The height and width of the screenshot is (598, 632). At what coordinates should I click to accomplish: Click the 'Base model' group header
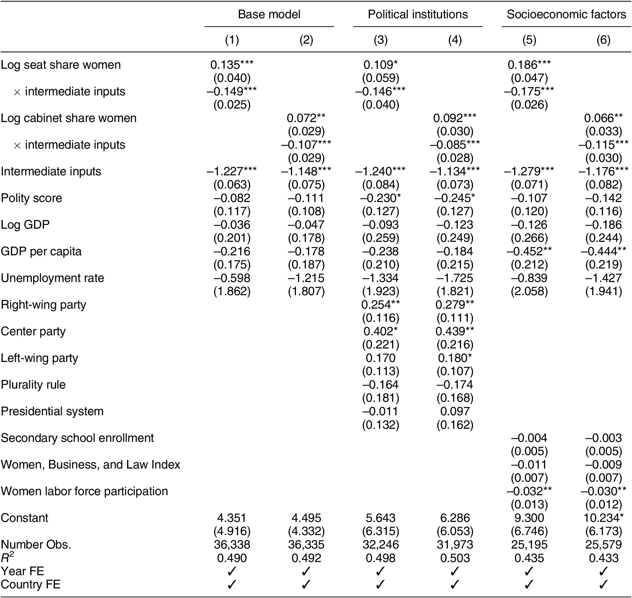tap(269, 14)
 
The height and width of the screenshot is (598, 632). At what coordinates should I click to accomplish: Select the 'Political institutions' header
tap(417, 14)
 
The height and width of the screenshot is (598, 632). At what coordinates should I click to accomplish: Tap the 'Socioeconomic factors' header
tap(566, 14)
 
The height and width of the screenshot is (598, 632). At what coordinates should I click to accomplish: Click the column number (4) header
tap(455, 40)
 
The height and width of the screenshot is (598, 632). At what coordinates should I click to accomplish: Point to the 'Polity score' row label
tap(31, 198)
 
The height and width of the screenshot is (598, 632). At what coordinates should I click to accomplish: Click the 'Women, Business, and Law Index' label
tap(91, 465)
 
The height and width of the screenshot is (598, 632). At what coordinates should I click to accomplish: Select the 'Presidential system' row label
tap(52, 411)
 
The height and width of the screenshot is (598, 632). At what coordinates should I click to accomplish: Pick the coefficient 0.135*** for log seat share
tap(232, 65)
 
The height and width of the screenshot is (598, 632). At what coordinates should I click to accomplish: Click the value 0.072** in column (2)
tap(306, 119)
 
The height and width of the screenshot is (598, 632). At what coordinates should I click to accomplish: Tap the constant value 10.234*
tap(603, 518)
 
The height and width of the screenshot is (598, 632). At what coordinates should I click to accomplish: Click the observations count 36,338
tap(232, 545)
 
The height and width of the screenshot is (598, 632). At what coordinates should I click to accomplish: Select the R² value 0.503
tap(455, 558)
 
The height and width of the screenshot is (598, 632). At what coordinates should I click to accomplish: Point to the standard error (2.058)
tap(529, 291)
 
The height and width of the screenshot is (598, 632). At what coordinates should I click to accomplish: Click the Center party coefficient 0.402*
tap(380, 331)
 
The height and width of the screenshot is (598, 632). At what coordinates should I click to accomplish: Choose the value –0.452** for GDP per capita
tap(529, 251)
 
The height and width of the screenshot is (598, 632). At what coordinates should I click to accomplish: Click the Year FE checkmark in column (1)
tap(232, 571)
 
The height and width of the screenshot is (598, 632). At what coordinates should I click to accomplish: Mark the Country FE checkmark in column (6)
tap(603, 585)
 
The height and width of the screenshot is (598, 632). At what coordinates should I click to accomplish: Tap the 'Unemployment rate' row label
tap(53, 278)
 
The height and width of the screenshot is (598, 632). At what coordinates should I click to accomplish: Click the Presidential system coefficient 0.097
tap(455, 411)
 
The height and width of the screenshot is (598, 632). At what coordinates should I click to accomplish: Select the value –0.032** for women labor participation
tap(529, 491)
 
